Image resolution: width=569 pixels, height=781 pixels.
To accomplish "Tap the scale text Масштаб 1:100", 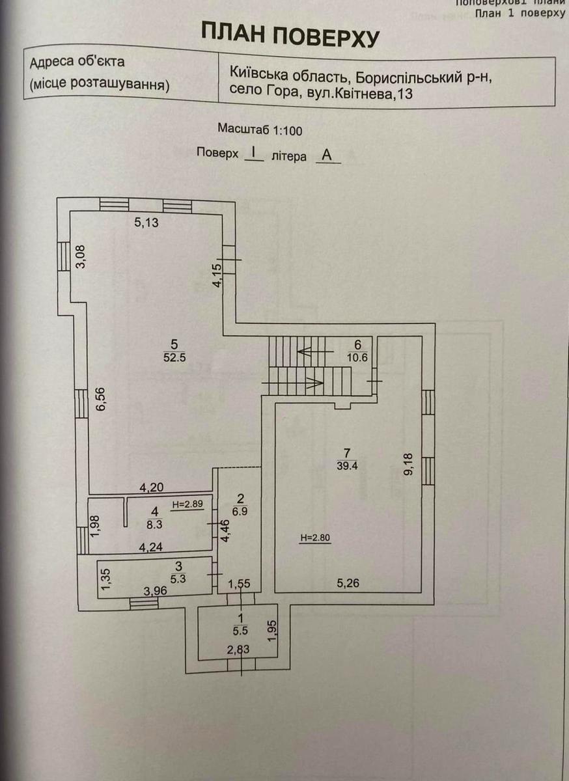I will pyautogui.click(x=260, y=130).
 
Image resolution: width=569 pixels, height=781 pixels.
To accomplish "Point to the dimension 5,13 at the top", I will pyautogui.click(x=146, y=223).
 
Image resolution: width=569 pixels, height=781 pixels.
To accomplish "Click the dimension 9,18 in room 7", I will pyautogui.click(x=408, y=465).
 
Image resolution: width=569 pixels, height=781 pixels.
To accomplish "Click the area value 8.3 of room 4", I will pyautogui.click(x=154, y=522).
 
